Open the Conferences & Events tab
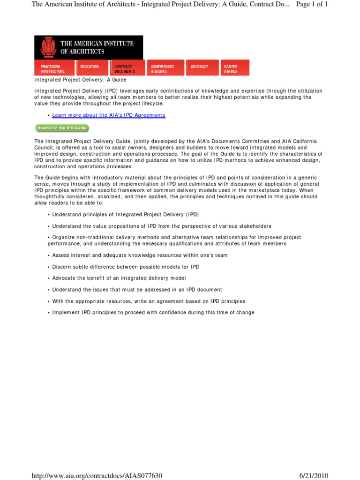165,68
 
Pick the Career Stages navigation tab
235,68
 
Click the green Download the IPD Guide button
62,128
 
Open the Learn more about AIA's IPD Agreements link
109,115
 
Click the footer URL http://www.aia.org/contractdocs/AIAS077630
97,476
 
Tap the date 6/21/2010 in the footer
314,476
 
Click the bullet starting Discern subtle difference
126,267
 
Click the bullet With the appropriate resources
149,301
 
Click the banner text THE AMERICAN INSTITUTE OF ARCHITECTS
97,47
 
